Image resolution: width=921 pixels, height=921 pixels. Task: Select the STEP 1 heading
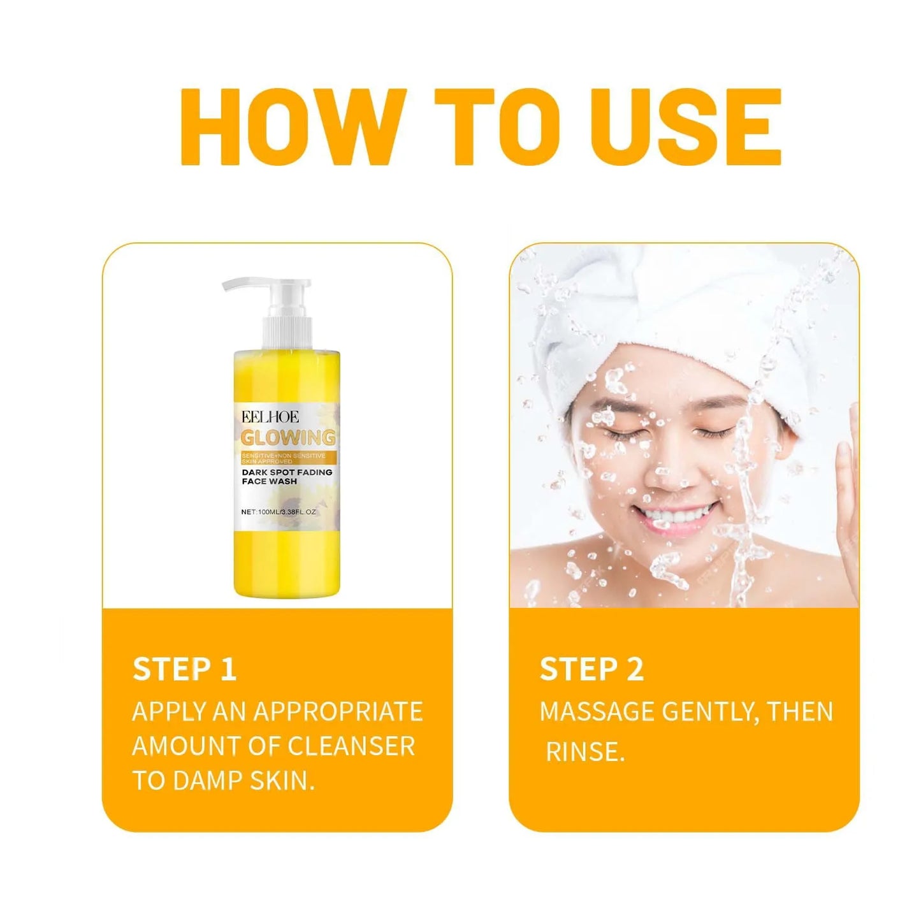tap(184, 669)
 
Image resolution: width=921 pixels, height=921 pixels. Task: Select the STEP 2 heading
tap(591, 669)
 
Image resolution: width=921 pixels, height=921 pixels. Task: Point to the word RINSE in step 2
tap(584, 752)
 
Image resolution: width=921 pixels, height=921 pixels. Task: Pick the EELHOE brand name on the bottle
tap(270, 417)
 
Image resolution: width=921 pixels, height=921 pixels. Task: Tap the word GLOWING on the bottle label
tap(288, 438)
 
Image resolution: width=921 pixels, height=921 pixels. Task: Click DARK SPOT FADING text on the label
tap(287, 472)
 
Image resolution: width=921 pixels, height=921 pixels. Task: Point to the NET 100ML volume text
tap(279, 512)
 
